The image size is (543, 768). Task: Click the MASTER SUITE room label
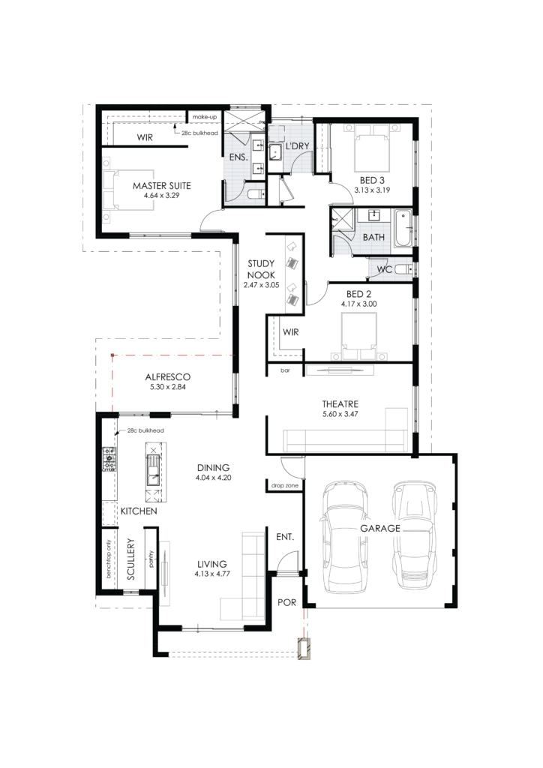[161, 186]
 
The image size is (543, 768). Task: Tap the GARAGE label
[380, 528]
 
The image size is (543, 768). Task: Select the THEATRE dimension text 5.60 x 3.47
[340, 414]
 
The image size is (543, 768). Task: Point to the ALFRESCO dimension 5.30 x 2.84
[168, 387]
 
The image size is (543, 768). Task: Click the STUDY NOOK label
[261, 269]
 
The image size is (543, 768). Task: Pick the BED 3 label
[372, 180]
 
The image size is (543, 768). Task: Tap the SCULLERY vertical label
[130, 559]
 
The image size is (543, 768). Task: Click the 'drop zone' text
[284, 485]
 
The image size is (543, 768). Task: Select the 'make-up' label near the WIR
[204, 117]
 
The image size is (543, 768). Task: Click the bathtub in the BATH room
[403, 228]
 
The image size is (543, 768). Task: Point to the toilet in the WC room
[403, 269]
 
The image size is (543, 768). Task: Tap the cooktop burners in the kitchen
[109, 459]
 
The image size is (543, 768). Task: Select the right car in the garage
[414, 535]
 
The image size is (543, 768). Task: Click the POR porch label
[287, 602]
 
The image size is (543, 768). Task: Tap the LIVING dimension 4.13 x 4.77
[212, 574]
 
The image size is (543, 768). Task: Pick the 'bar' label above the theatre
[285, 370]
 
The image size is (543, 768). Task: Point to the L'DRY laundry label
[297, 146]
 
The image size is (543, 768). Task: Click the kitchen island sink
[153, 470]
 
